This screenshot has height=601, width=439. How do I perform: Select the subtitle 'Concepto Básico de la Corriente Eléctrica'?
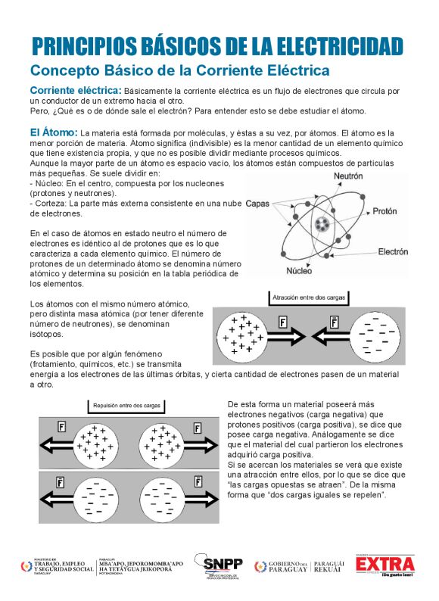click(179, 70)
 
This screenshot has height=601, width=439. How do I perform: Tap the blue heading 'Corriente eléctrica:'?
click(75, 91)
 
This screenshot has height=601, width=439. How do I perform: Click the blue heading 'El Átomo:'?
click(54, 132)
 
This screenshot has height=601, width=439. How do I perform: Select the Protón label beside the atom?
click(386, 213)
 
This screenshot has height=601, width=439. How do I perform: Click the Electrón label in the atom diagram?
click(393, 251)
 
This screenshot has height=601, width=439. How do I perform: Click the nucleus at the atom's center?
click(324, 224)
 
